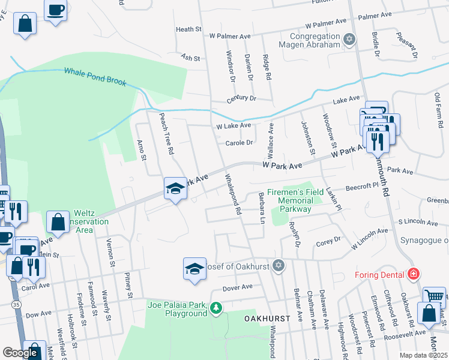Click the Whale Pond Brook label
click(96, 76)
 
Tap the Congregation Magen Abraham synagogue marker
click(350, 41)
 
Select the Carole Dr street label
click(240, 143)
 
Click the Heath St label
click(188, 29)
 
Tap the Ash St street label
click(190, 58)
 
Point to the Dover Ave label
click(238, 287)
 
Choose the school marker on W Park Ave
click(175, 188)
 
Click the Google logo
click(20, 353)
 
